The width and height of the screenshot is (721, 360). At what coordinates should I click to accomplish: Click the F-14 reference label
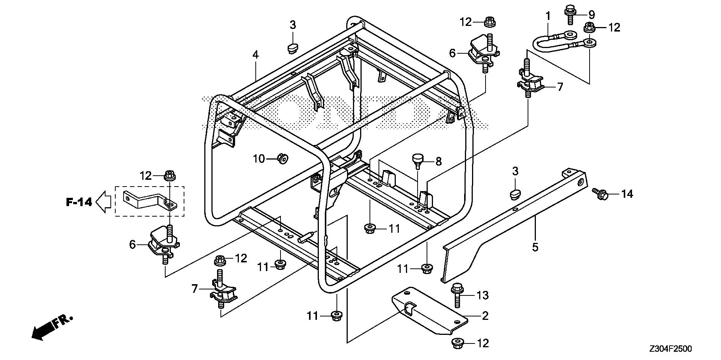pos(79,202)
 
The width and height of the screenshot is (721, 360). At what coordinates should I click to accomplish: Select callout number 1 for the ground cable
pos(548,16)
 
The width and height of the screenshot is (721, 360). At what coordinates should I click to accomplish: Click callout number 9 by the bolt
pos(591,15)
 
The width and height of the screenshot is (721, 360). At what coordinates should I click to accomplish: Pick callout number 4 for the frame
pos(255,55)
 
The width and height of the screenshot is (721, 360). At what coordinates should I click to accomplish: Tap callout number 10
pos(259,159)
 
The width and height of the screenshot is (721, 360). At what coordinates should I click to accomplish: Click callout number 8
pos(438,162)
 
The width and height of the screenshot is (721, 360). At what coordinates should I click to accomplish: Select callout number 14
pos(627,194)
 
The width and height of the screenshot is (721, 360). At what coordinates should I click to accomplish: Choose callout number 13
pos(483,295)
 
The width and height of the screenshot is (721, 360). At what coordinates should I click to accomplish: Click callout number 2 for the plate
pos(485,316)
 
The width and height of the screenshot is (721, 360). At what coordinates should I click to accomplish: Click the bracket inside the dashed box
pos(148,200)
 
